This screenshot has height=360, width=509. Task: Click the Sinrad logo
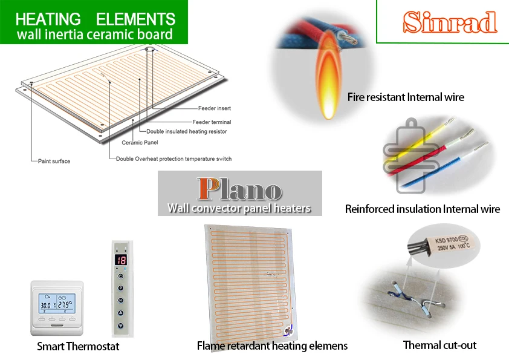pos(450,22)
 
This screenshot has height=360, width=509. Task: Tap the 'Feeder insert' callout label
pos(216,108)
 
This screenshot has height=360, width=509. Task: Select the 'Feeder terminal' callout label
pos(212,122)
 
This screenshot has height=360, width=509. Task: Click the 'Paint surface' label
pos(53,162)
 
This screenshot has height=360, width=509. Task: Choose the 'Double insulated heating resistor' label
pos(187,131)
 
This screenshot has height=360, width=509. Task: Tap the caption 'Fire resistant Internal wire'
pos(406,97)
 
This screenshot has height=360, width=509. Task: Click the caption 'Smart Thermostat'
pos(78,347)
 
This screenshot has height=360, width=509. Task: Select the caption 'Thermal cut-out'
pos(439,345)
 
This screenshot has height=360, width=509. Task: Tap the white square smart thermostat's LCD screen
pos(57,301)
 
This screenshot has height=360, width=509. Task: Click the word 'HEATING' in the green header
pos(48,19)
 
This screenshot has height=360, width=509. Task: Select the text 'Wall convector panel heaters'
pos(239,208)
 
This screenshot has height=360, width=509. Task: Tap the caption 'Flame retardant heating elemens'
pos(272,346)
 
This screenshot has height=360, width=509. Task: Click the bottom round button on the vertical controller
pos(121,325)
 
